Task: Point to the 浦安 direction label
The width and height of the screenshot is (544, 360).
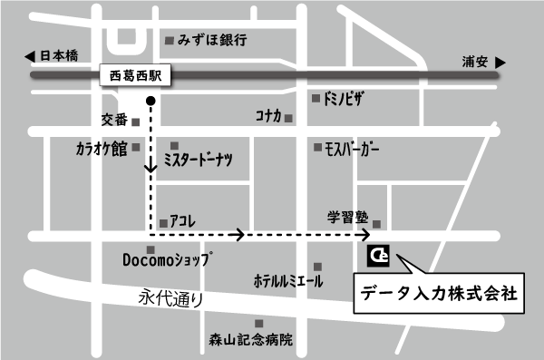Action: pyautogui.click(x=474, y=63)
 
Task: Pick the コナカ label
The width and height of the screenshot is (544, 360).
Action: pyautogui.click(x=268, y=116)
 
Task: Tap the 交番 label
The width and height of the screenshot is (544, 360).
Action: pyautogui.click(x=114, y=120)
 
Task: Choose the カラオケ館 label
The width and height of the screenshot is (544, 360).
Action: pyautogui.click(x=101, y=150)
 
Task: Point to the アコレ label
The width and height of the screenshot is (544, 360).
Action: pyautogui.click(x=184, y=220)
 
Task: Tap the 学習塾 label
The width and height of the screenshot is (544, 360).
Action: pyautogui.click(x=348, y=218)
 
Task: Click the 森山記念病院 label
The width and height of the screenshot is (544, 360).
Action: pyautogui.click(x=251, y=341)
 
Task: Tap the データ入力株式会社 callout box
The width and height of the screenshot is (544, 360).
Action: pyautogui.click(x=438, y=294)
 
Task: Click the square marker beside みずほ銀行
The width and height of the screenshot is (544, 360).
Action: pyautogui.click(x=169, y=40)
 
